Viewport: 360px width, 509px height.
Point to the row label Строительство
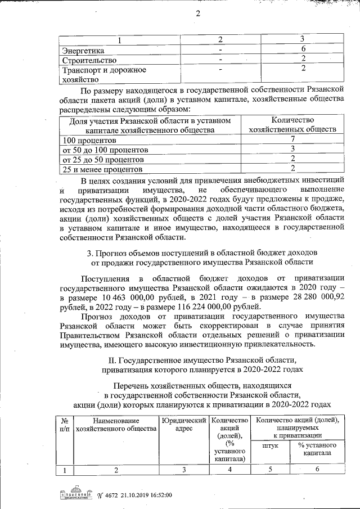[x=89, y=60]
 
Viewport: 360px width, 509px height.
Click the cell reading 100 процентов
[x=89, y=139]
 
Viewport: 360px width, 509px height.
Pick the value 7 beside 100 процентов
[x=292, y=139]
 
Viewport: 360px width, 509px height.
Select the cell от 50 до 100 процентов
[x=105, y=150]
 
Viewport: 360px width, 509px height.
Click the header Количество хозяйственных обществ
[x=292, y=124]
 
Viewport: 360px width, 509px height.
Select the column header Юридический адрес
[x=183, y=424]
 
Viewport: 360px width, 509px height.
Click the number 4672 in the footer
[x=107, y=496]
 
